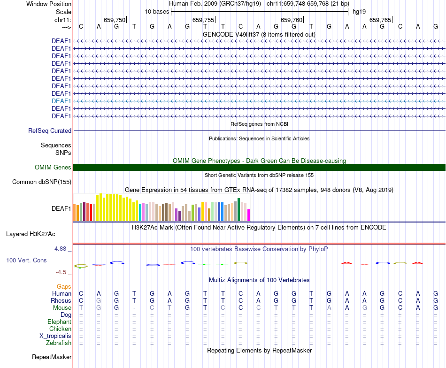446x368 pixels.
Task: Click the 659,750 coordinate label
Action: click(115, 20)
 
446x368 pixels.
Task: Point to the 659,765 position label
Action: click(380, 20)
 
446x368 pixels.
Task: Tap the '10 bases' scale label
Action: click(155, 11)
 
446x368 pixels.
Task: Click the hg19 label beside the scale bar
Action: click(359, 11)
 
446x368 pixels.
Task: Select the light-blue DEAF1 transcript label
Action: click(62, 101)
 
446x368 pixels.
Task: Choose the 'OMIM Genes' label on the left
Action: click(53, 168)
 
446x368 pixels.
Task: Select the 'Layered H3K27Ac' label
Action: click(31, 234)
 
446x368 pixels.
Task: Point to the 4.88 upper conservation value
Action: click(63, 249)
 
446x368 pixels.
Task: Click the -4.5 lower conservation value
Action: click(63, 272)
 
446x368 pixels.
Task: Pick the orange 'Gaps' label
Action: click(64, 286)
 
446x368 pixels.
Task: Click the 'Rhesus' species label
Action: click(62, 300)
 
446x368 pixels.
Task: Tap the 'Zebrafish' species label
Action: click(59, 343)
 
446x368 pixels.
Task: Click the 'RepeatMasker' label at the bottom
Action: click(52, 357)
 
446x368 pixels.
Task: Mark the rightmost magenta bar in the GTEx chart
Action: click(249, 215)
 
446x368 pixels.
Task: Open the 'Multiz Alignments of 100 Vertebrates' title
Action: click(259, 280)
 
